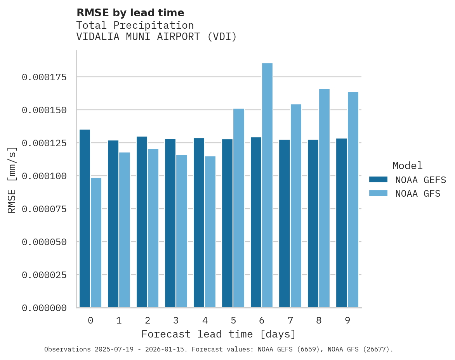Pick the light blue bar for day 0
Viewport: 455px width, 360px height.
(96, 242)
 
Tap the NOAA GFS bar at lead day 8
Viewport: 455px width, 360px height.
(324, 198)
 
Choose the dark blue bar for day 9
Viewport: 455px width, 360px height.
(342, 223)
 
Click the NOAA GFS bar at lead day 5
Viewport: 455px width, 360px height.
(239, 208)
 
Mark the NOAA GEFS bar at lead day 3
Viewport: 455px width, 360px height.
(170, 223)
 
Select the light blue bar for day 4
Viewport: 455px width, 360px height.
(210, 232)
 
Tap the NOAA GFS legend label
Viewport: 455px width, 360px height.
(418, 194)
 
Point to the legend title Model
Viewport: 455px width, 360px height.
(407, 166)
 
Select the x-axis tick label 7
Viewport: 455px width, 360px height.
(290, 321)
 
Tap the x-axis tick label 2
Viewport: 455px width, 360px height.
(148, 321)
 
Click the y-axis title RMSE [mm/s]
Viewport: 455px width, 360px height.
(12, 180)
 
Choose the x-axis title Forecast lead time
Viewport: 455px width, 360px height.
(219, 334)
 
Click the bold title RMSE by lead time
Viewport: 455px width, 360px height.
(130, 13)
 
